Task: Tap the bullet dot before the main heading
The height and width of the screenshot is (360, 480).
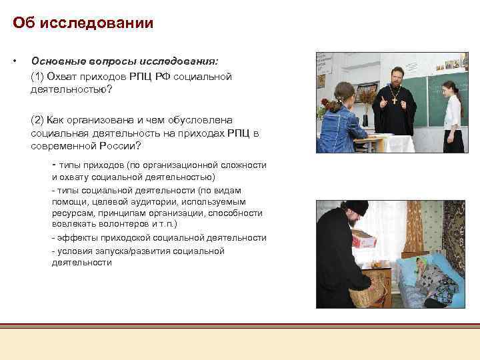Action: coord(14,61)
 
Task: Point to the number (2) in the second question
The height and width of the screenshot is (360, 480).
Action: coord(37,120)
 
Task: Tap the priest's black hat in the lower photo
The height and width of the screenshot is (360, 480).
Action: coord(354,208)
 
